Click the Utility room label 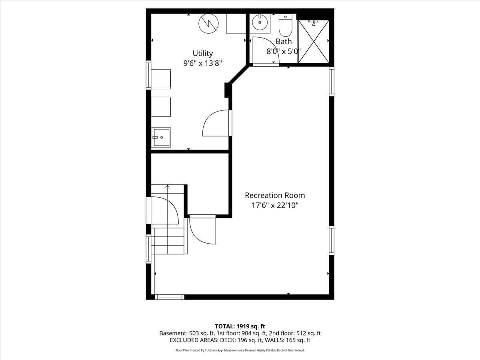coord(202,53)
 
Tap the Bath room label coord(284,41)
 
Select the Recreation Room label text coord(275,195)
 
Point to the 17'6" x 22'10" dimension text coord(275,206)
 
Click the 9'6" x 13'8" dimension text coord(202,63)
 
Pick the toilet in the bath coord(285,25)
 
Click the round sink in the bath coord(260,22)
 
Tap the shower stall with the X coord(314,42)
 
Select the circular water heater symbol coord(209,24)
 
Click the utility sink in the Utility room coord(161,137)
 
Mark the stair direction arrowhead coord(168,187)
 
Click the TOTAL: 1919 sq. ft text coord(240,326)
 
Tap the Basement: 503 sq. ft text coord(187,333)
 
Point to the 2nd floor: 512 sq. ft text coord(295,333)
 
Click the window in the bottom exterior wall coord(170,297)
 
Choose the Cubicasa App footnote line coord(240,350)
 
